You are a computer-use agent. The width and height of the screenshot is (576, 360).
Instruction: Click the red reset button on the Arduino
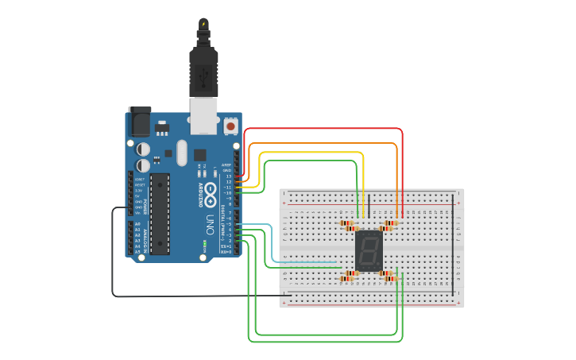coord(230,126)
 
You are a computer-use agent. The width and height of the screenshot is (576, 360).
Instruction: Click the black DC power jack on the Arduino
coord(140,122)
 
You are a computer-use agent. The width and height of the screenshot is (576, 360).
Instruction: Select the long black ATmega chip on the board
coord(160,213)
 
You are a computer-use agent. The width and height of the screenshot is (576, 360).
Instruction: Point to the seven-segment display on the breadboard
coord(369,251)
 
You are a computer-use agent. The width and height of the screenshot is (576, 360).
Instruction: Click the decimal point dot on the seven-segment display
coord(378,264)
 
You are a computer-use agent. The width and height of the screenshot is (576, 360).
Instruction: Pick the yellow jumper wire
coord(318,153)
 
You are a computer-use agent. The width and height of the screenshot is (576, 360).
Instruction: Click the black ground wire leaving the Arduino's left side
coord(112,254)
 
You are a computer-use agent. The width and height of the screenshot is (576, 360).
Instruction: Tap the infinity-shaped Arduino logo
coord(211,192)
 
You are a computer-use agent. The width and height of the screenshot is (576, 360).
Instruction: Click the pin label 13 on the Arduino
coord(229,176)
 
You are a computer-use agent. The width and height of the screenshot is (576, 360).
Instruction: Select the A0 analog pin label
coord(137,224)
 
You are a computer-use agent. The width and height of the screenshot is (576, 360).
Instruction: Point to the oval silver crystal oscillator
coord(182,153)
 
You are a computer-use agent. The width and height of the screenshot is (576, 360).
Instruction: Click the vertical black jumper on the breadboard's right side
coord(454,246)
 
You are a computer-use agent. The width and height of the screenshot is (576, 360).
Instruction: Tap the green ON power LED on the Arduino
coord(204,244)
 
